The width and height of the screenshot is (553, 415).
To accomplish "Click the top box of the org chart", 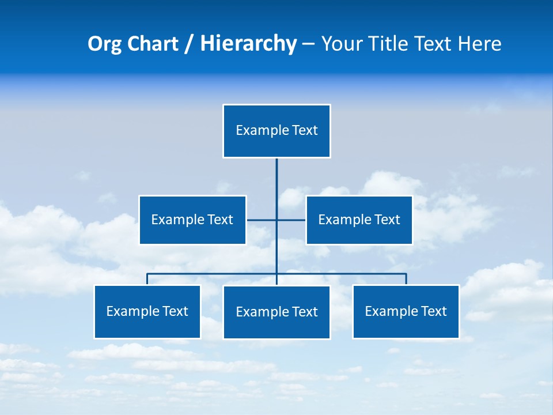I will pos(276,131).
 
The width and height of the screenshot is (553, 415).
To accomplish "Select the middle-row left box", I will pos(192,220).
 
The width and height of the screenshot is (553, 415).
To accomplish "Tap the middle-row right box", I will pos(359,220).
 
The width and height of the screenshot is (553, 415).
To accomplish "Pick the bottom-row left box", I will pos(147,311).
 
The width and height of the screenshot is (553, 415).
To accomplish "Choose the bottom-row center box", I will pos(276,312).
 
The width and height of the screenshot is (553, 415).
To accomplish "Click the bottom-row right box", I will pos(406,311).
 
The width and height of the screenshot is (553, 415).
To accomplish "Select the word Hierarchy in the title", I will pos(248,44).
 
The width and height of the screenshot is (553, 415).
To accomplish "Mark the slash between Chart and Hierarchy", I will pos(188,44).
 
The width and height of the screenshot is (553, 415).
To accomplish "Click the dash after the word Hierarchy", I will pos(308,44).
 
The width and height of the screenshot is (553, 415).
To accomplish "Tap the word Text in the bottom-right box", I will pos(434,311).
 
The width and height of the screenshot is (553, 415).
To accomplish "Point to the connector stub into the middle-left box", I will pos(261,220).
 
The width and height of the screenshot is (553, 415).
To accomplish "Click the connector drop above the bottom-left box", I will pos(147,279).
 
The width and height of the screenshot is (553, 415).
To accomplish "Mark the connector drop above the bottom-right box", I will pos(406,279).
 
